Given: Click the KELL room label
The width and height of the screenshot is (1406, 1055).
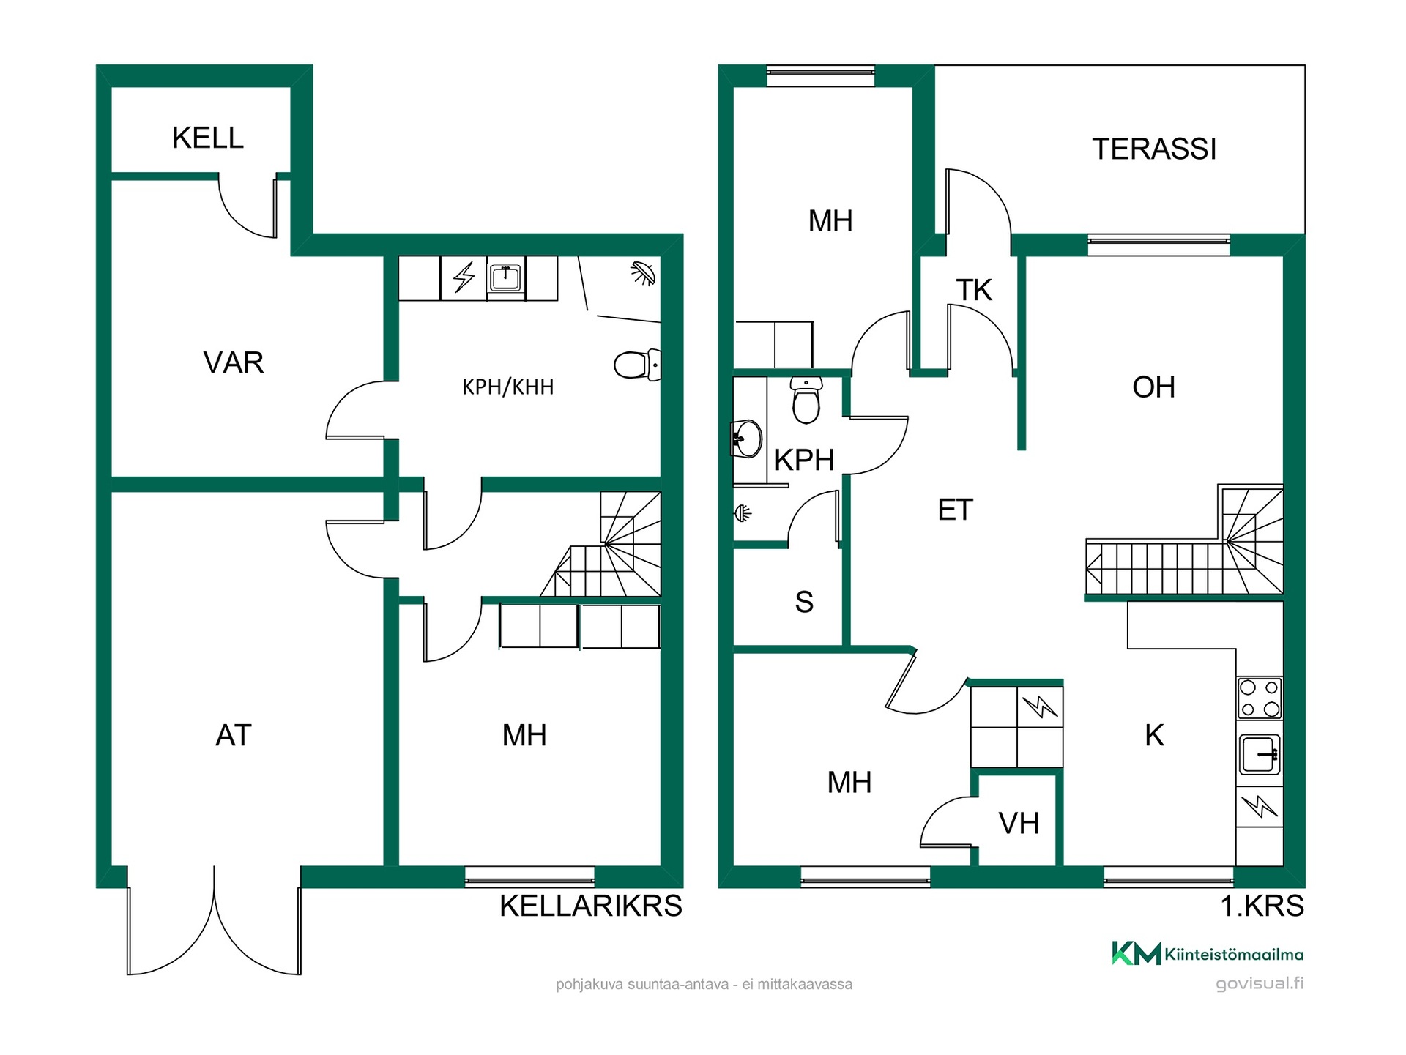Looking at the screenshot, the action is coord(208,138).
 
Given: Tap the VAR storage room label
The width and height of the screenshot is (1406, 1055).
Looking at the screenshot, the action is coord(234,362).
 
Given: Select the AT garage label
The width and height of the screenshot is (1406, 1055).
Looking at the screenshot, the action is coord(234,735).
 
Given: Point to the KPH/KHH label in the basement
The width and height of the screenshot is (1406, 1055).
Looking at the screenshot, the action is coord(508,387).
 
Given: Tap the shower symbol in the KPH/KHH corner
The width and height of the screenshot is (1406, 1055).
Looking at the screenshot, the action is coord(643,273).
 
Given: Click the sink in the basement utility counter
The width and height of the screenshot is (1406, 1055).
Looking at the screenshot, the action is coord(505,278).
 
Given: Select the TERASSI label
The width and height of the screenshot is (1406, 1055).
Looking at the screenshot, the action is coord(1154,149).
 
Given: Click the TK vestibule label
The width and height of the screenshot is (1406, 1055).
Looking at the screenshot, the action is coord(974,291).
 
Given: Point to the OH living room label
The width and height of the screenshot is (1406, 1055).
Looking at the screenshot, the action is coord(1154,387).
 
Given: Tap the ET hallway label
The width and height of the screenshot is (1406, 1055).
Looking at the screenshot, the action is coord(956,510).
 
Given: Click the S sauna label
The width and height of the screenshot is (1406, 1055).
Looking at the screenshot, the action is coord(804,602).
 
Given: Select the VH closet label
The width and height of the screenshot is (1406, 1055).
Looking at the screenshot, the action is coord(1019,824).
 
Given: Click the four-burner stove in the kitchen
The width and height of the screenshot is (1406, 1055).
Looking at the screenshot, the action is coord(1260,698).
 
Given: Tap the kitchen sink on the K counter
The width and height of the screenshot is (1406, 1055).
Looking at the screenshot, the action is coord(1260,754).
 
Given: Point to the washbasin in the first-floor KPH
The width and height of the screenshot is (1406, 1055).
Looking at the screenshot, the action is coord(747,439).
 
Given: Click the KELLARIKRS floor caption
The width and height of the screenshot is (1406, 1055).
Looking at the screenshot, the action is coord(591,906).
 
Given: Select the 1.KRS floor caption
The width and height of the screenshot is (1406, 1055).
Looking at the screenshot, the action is coord(1262,906).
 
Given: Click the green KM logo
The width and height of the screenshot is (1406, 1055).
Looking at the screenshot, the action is coord(1137,953).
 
